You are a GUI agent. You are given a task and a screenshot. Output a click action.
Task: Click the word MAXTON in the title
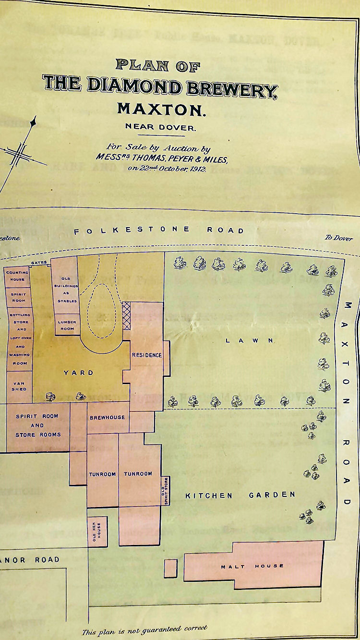click(161, 109)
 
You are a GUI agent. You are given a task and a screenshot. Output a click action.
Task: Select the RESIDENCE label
click(147, 355)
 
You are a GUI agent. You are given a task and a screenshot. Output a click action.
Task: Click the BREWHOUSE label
click(108, 417)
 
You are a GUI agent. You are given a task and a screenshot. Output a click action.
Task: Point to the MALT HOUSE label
click(252, 567)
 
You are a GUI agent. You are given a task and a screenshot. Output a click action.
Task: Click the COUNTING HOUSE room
click(17, 275)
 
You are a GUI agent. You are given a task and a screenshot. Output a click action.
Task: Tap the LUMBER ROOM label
click(67, 325)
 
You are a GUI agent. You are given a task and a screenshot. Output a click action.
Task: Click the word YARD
click(79, 373)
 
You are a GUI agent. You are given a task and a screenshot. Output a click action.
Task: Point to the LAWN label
click(250, 340)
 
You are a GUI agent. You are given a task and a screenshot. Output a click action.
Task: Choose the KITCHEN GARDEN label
click(240, 495)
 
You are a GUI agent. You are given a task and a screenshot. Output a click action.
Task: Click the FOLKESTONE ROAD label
click(158, 230)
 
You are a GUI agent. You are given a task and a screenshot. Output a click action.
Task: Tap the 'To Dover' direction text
click(338, 238)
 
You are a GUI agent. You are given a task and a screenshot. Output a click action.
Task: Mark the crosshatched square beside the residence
click(127, 316)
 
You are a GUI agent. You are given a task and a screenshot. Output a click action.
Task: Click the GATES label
click(39, 263)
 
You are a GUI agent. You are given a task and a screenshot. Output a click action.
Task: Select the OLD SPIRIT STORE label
click(164, 490)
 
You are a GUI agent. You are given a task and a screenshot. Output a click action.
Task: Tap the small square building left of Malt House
click(170, 568)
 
